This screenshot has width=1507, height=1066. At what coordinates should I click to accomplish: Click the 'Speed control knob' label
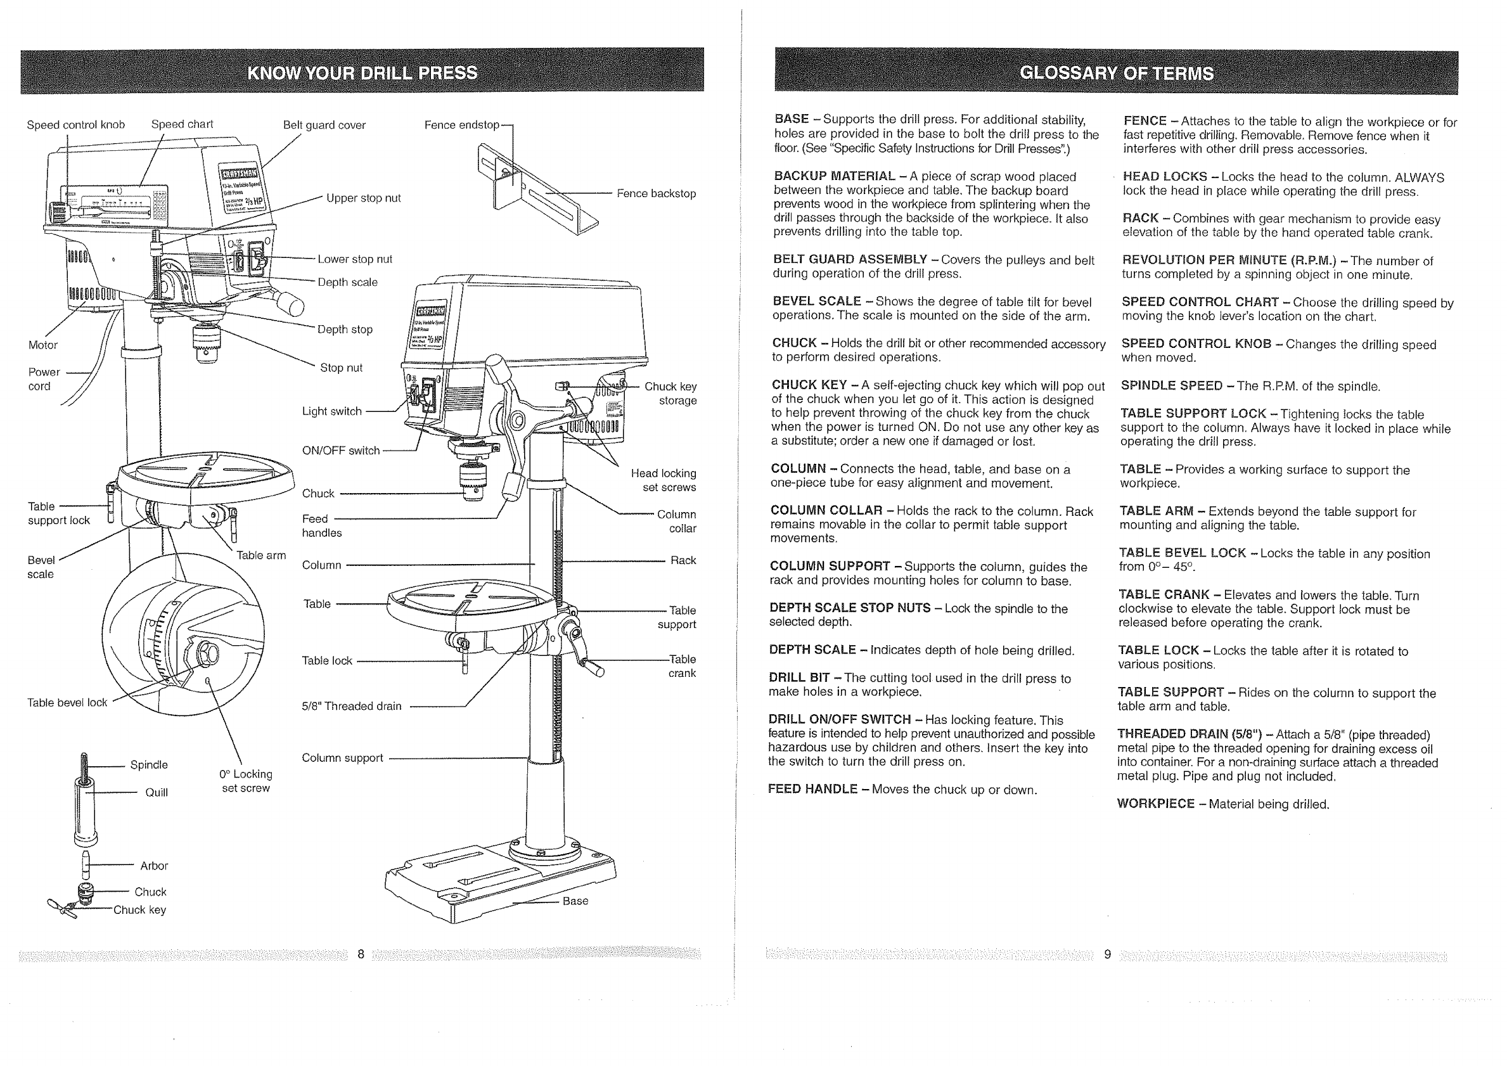[75, 125]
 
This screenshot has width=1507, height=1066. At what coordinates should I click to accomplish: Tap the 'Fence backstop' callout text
[656, 194]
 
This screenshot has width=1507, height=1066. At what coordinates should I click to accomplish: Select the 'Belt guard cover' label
[324, 125]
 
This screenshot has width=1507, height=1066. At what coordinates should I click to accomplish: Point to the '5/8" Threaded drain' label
[351, 706]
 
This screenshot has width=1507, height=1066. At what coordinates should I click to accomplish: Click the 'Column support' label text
[342, 758]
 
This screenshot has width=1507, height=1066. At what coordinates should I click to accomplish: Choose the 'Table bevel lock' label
[67, 702]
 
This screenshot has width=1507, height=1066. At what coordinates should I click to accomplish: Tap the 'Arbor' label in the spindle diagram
[153, 866]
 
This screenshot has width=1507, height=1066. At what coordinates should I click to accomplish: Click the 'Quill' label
[156, 792]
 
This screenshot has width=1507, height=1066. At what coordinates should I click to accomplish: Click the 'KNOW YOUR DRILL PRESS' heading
[362, 72]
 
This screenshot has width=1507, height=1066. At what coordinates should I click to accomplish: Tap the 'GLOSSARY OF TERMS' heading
[1117, 73]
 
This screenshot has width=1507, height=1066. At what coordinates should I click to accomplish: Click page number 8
[361, 954]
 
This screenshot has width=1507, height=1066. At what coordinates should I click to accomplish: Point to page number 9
[1107, 954]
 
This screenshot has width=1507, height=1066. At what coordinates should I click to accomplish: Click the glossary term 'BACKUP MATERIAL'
[834, 176]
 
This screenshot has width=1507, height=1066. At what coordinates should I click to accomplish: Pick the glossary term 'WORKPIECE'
[1155, 804]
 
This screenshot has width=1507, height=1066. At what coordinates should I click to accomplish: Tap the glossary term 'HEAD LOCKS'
[1164, 177]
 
